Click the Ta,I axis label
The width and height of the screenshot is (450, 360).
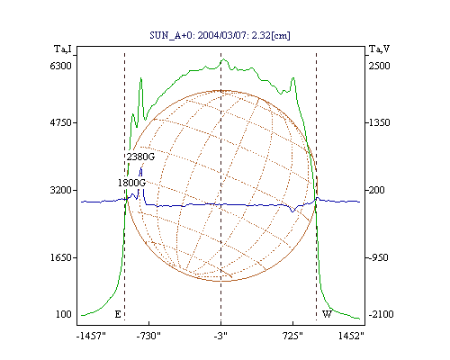point(63,49)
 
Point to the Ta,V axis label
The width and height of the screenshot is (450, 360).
point(379,49)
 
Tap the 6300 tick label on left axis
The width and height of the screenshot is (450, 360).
point(61,66)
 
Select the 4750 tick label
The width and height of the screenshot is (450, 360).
point(61,122)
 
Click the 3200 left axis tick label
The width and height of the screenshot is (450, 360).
point(61,190)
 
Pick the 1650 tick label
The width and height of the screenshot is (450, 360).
point(61,257)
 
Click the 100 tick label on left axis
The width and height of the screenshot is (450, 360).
point(64,314)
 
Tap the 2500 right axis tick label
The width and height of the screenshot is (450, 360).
point(379,66)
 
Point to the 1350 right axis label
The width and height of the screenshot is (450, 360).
point(379,122)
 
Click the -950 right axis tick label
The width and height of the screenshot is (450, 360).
point(378,257)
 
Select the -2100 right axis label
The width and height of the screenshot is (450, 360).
point(381,314)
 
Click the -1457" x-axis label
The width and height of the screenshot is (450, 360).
point(91,336)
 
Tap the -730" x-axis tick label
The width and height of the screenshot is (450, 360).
point(148,336)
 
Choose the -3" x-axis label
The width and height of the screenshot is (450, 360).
point(220,336)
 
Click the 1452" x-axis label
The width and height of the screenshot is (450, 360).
point(351,336)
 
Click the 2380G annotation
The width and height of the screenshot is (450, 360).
point(140,157)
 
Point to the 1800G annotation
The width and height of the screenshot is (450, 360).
point(131,183)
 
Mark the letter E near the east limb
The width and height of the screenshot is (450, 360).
point(118,314)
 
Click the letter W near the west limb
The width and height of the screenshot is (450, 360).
point(327,314)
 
